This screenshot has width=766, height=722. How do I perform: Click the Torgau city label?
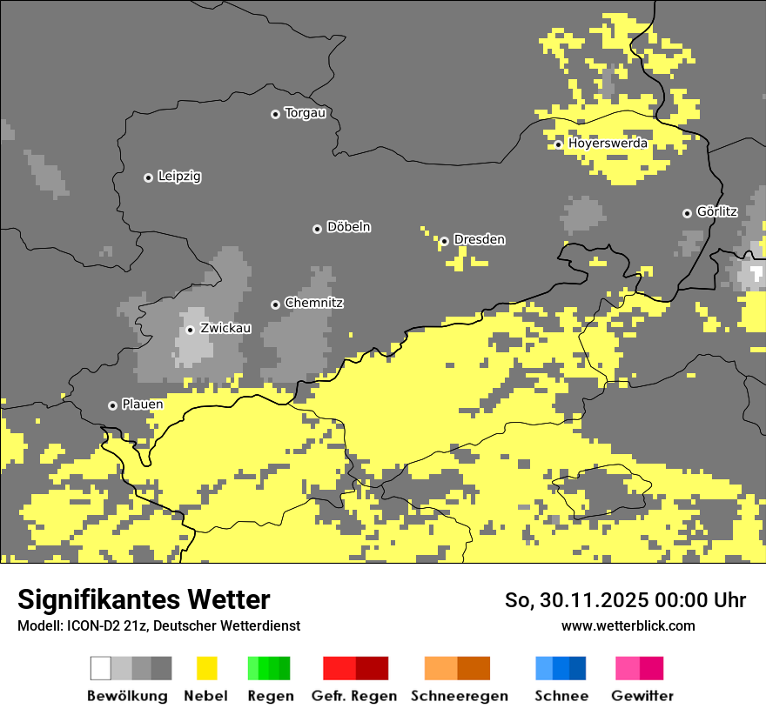click(305, 113)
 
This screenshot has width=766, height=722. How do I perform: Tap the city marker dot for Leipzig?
click(148, 177)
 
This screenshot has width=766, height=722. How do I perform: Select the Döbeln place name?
click(348, 227)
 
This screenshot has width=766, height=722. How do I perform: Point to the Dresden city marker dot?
click(444, 241)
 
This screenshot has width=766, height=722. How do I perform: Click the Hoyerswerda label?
click(608, 143)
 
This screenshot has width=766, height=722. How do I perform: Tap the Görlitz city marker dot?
click(687, 213)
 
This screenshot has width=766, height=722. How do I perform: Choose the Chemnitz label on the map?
click(314, 303)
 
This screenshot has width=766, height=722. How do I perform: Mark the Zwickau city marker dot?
click(190, 330)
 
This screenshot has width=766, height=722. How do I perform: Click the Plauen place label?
click(142, 404)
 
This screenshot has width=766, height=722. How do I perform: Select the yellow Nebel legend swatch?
click(207, 668)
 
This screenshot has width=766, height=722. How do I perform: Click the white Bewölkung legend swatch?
click(101, 668)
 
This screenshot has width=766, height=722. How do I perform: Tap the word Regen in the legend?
click(270, 696)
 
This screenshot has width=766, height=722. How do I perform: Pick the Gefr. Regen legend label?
click(354, 696)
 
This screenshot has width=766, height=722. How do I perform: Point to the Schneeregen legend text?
click(459, 696)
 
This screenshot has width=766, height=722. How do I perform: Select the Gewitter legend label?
click(642, 696)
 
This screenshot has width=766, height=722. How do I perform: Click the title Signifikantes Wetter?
click(144, 599)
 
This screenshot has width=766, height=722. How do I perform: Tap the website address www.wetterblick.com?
click(628, 625)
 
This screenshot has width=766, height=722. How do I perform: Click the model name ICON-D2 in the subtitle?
click(90, 625)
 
